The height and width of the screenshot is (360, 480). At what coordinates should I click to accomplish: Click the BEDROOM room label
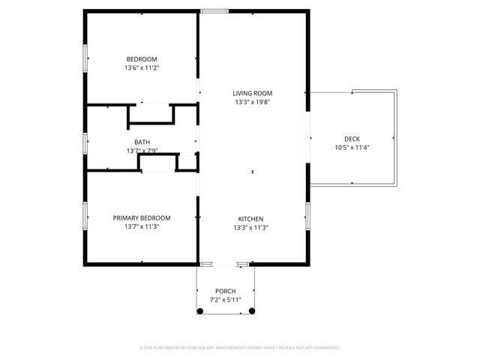[142, 59]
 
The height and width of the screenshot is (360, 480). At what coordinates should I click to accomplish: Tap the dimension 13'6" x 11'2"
[142, 67]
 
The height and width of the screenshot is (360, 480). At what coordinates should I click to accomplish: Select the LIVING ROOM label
[252, 93]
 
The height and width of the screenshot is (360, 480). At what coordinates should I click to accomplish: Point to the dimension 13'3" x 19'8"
[252, 102]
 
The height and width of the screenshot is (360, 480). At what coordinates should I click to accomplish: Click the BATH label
[142, 142]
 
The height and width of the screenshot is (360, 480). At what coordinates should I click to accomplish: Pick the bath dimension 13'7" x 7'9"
[142, 151]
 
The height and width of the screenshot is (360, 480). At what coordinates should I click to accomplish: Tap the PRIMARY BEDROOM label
[142, 218]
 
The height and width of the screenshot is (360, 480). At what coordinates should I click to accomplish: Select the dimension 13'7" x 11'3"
[142, 226]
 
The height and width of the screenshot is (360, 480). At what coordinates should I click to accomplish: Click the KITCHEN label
[251, 219]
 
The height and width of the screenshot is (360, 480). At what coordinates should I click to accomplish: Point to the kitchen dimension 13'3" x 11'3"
[251, 227]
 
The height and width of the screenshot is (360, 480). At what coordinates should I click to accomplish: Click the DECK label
[352, 139]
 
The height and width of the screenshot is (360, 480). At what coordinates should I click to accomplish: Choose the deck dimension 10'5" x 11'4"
[352, 147]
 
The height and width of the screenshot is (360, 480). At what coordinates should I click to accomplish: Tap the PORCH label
[226, 291]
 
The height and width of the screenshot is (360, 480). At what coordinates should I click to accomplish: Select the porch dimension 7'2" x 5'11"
[226, 299]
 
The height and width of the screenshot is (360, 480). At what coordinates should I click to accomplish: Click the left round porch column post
[200, 310]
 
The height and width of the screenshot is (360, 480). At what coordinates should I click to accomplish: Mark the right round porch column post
[252, 310]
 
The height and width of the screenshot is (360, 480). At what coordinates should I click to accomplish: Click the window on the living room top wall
[214, 11]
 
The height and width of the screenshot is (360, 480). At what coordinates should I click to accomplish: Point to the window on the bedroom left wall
[85, 55]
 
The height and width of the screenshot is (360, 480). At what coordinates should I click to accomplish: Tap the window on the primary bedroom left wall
[85, 214]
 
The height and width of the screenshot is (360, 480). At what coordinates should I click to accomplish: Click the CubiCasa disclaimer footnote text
[240, 348]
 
